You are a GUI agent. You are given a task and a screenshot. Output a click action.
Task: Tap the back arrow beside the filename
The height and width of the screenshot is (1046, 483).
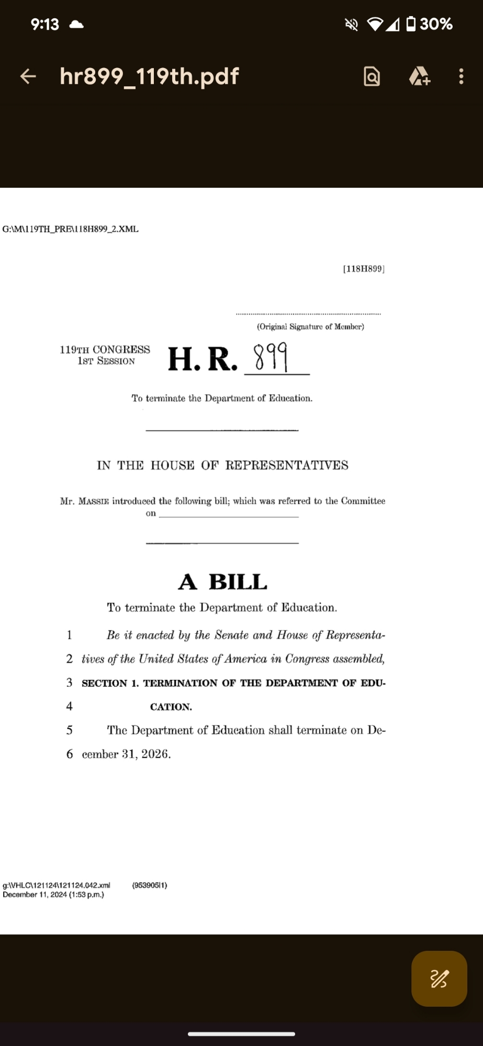[x=28, y=76]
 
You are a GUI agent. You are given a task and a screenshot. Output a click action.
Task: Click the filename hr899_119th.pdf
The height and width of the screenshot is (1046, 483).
[x=149, y=76]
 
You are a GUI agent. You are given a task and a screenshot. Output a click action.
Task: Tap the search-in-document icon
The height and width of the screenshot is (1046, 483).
[x=372, y=77]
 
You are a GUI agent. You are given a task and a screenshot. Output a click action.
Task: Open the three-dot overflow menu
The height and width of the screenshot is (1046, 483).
[x=461, y=76]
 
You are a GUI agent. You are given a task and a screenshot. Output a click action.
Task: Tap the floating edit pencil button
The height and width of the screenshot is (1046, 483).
[x=439, y=979]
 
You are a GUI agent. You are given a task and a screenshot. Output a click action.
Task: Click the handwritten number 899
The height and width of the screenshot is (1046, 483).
[x=271, y=357]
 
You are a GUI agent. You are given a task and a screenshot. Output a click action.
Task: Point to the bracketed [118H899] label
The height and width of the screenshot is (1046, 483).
[x=364, y=269]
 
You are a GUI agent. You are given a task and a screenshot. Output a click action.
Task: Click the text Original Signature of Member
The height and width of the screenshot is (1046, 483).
[x=310, y=326]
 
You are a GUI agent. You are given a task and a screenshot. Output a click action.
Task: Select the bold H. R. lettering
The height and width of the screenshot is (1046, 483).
[x=203, y=359]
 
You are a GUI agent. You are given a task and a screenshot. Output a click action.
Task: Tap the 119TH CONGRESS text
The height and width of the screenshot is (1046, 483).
[x=105, y=349]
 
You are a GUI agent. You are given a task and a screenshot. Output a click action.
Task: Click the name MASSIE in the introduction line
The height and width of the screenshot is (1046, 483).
[x=94, y=501]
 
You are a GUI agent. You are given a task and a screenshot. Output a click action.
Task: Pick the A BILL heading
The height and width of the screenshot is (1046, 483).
[x=223, y=582]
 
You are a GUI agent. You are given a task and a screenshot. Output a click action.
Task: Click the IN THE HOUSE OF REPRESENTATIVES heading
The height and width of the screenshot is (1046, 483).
[x=222, y=465]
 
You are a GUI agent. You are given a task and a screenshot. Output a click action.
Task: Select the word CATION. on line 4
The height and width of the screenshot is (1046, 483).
[x=171, y=707]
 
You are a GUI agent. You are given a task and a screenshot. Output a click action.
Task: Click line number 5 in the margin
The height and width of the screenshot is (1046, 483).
[x=70, y=730]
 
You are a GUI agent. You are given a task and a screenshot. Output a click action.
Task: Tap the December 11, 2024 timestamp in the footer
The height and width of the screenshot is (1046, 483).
[x=53, y=895]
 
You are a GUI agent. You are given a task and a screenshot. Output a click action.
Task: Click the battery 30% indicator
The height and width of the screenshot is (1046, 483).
[x=430, y=24]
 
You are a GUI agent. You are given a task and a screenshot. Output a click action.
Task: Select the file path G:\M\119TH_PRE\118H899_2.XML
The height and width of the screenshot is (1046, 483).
[x=71, y=229]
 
